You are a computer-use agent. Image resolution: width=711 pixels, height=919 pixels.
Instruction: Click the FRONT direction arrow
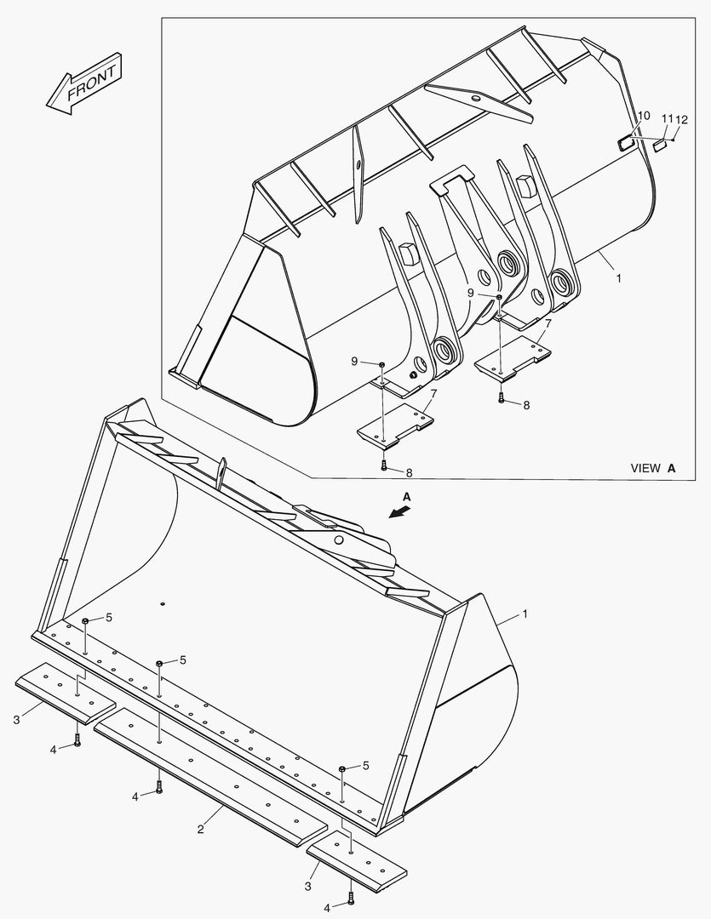[x=84, y=85]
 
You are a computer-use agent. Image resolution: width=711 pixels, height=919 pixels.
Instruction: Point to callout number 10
[x=643, y=116]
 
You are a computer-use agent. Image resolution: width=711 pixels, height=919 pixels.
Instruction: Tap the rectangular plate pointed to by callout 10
[x=625, y=142]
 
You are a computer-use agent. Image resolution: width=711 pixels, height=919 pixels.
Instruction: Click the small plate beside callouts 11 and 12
[x=658, y=146]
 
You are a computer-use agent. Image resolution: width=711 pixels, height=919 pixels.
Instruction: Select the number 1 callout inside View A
[x=618, y=277]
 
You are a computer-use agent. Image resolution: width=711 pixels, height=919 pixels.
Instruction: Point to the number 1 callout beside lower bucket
[x=525, y=614]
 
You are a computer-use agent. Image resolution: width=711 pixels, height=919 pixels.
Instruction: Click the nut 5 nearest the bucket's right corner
[x=341, y=768]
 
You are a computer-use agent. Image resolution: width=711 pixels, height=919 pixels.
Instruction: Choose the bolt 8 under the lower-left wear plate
[x=384, y=465]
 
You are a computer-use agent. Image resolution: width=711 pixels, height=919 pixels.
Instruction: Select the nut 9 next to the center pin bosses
[x=499, y=297]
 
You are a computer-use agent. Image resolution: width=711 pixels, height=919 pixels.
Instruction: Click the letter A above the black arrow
[x=406, y=496]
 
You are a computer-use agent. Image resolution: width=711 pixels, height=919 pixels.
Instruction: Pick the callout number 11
[x=667, y=118]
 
